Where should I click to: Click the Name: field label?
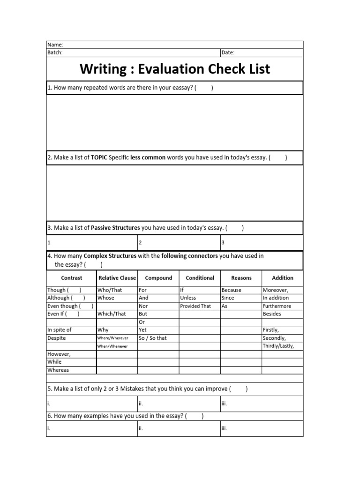(55, 45)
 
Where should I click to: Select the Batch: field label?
(55, 52)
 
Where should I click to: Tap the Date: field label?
(228, 52)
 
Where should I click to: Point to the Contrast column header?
(71, 278)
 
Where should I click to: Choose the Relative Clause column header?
(117, 278)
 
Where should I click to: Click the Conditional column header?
(200, 278)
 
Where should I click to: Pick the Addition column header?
(282, 278)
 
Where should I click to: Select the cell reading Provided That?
(195, 306)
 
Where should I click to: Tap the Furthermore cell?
(277, 306)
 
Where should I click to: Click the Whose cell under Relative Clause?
(105, 298)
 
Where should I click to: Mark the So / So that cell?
(152, 338)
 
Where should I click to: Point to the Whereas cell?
(58, 370)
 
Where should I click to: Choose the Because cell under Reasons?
(232, 290)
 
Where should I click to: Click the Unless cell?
(188, 298)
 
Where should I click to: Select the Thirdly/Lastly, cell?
(278, 346)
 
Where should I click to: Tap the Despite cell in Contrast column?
(57, 338)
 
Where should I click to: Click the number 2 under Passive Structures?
(140, 243)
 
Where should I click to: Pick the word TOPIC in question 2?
(99, 158)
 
